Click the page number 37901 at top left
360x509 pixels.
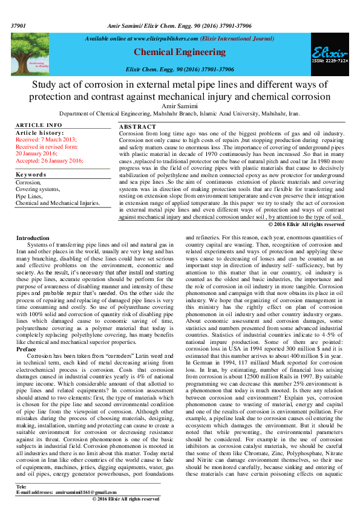coord(18,27)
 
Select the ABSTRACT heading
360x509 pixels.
coord(138,127)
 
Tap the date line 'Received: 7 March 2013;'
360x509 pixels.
coord(45,140)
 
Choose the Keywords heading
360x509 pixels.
coord(31,174)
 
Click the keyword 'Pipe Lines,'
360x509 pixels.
coord(30,196)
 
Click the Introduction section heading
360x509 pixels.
coord(33,238)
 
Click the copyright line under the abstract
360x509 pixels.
coord(306,224)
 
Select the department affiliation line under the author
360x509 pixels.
coord(180,113)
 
